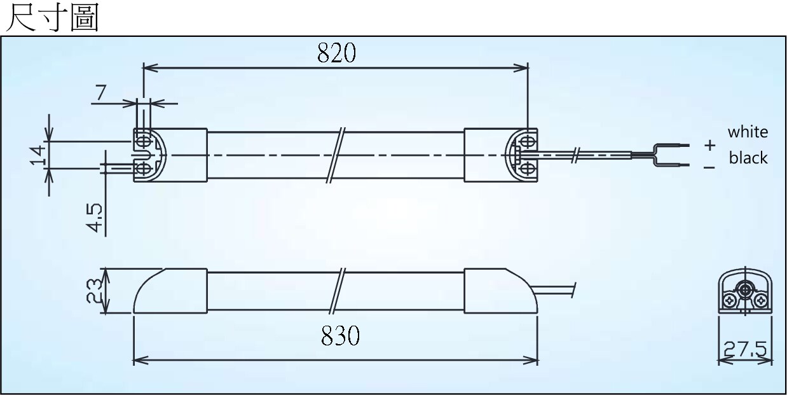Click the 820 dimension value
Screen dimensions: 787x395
336,53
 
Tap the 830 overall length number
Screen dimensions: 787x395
340,336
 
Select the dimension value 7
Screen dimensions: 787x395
100,93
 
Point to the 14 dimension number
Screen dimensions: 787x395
38,155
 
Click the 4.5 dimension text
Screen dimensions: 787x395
95,218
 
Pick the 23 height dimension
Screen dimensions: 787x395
94,291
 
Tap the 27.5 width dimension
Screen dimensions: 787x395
745,349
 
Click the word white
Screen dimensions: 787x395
748,132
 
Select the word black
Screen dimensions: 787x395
748,158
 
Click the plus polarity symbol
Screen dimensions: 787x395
709,145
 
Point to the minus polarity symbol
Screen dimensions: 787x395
709,168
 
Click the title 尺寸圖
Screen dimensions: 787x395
52,18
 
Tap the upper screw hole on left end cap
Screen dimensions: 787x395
144,142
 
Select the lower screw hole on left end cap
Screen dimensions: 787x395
144,169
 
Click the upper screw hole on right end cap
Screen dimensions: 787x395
526,142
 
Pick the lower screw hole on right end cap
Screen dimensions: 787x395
526,169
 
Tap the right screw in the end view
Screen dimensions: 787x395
761,301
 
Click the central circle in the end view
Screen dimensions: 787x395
744,290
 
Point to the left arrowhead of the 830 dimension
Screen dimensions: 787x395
140,360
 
